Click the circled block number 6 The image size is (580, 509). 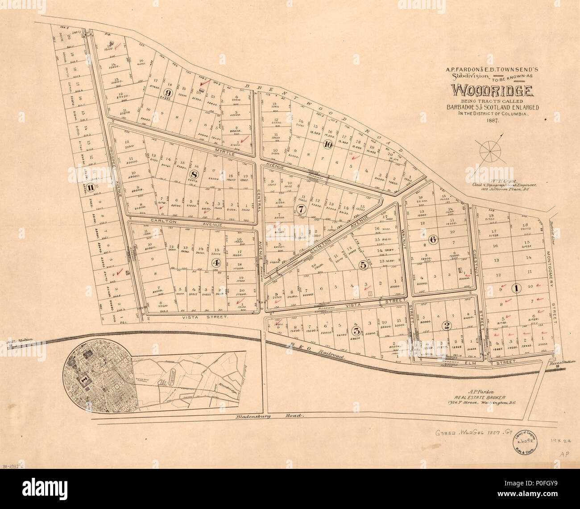(432, 239)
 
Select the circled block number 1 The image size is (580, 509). (516, 288)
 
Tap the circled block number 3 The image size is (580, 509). (356, 330)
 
